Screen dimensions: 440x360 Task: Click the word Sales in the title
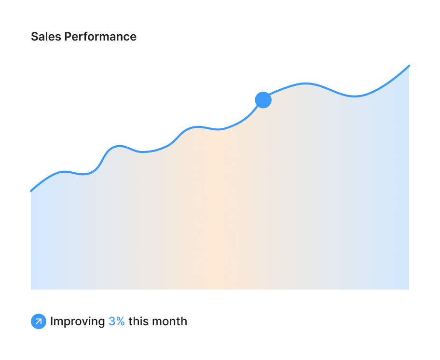46,37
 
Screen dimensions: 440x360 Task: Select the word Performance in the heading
100,37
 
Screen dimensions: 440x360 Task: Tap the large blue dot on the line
263,100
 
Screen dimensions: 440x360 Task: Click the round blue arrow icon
39,321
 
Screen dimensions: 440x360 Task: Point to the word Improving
78,321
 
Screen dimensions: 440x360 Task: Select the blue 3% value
116,321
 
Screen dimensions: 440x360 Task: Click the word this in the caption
138,321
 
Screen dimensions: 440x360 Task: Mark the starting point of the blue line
31,191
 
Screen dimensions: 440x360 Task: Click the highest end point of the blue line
409,66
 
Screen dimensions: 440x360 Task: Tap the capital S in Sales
35,37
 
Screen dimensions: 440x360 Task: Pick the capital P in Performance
68,37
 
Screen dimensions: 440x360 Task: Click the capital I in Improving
52,321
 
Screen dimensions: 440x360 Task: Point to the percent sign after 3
121,321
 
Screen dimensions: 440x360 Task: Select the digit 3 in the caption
112,321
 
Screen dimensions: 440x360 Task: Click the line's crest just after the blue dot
305,83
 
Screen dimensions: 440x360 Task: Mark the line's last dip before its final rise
355,96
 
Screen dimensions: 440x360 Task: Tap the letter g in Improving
101,323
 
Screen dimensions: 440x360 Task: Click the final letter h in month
184,321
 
